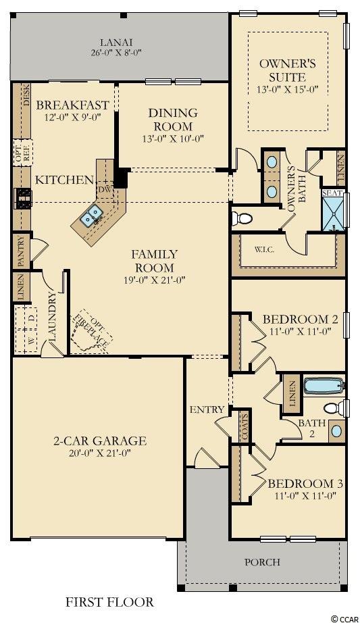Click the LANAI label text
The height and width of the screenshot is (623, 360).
[116, 42]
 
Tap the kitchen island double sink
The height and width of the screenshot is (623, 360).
[92, 217]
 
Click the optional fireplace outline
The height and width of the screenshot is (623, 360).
[91, 331]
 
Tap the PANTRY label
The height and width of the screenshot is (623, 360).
[20, 252]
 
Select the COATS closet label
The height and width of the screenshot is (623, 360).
[245, 427]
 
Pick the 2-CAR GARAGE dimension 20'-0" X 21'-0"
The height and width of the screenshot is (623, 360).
[100, 453]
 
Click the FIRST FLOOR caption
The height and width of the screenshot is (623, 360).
[109, 602]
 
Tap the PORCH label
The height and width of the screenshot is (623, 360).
[262, 562]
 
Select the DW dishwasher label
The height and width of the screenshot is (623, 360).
[104, 190]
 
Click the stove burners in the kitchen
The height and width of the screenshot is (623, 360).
[23, 199]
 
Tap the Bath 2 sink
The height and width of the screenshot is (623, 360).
[336, 430]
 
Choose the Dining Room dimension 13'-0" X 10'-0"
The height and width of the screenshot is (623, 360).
[173, 139]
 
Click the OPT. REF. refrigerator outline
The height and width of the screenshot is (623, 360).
[22, 153]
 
